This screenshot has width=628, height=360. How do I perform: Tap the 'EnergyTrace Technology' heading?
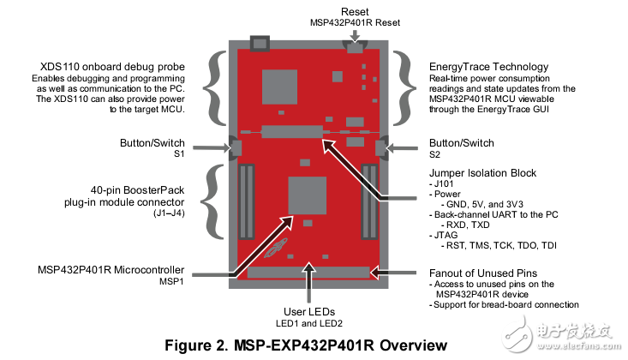tap(488, 66)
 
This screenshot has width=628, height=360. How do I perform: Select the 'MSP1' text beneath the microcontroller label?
tap(173, 281)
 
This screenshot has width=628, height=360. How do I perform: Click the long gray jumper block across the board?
tap(294, 132)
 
